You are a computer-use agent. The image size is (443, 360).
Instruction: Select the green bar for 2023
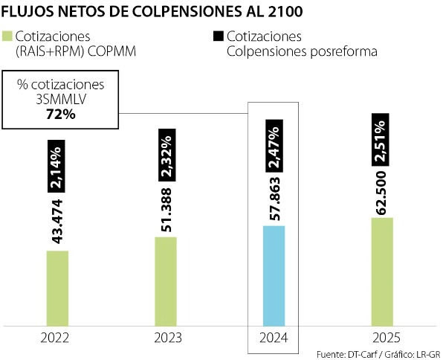pyautogui.click(x=165, y=280)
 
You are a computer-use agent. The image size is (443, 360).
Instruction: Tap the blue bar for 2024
pyautogui.click(x=274, y=275)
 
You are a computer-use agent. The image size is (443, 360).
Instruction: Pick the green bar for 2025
pyautogui.click(x=381, y=271)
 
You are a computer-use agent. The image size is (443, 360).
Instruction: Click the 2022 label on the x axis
pyautogui.click(x=56, y=338)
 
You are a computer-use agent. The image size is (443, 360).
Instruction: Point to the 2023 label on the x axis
pyautogui.click(x=165, y=338)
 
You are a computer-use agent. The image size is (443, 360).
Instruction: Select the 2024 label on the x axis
pyautogui.click(x=273, y=338)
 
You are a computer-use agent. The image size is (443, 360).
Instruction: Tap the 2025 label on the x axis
pyautogui.click(x=381, y=338)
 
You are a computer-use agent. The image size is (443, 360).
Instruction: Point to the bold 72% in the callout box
pyautogui.click(x=61, y=114)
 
